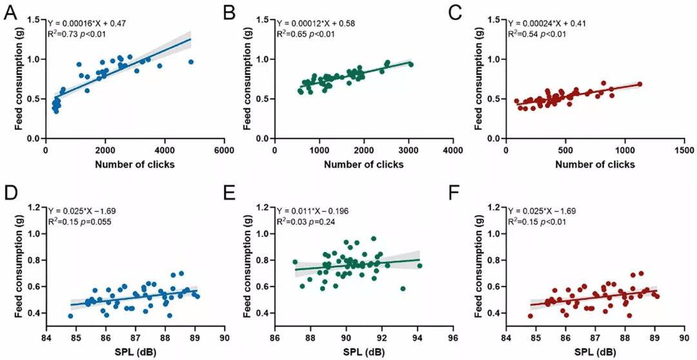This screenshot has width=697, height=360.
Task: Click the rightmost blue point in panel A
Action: point(190,62)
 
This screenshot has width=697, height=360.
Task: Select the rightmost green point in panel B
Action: point(410,64)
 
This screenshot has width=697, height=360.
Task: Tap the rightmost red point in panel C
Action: point(640,84)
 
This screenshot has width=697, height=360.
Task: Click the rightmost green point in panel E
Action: point(419,266)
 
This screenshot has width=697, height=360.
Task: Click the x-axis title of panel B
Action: point(365,165)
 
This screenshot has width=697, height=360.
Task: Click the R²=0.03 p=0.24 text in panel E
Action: point(307,222)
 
